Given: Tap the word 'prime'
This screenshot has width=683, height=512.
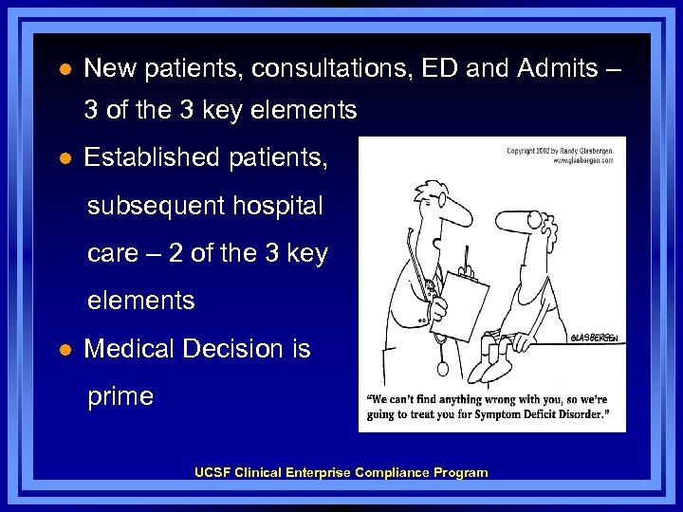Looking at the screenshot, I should pos(120,396).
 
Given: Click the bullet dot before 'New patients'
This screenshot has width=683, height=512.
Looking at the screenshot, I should pos(64,69).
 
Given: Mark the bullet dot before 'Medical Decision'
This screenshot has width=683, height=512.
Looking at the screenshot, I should pos(64,350).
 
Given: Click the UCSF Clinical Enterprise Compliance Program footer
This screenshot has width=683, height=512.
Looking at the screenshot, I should pos(341,472).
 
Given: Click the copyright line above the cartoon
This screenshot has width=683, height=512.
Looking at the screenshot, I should pos(559,155).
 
